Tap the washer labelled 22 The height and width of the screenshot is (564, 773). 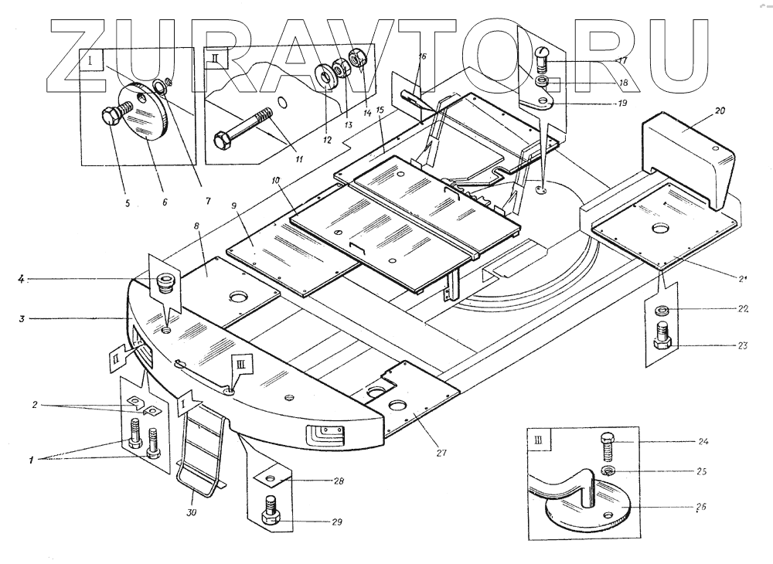click(x=662, y=311)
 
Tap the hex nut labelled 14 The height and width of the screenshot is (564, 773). click(x=357, y=58)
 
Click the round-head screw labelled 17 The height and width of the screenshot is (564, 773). click(x=541, y=58)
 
